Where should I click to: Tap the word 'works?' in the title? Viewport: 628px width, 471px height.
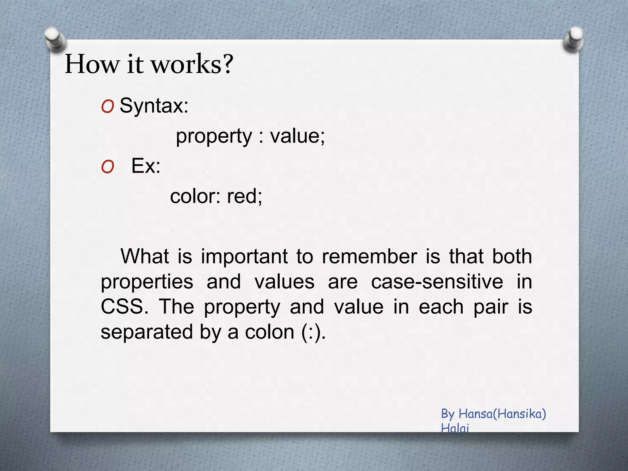click(193, 64)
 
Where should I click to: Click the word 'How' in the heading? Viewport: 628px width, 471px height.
click(92, 64)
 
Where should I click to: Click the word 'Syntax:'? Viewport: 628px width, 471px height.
click(154, 106)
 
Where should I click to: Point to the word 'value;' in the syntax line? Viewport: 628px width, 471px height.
click(297, 136)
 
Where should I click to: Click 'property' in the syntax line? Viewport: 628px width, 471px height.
click(214, 137)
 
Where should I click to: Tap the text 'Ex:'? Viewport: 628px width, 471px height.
click(146, 166)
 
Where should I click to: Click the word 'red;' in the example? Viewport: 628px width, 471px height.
click(244, 196)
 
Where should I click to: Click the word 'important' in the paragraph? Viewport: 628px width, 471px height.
click(244, 257)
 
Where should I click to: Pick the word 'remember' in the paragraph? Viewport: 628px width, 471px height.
click(369, 256)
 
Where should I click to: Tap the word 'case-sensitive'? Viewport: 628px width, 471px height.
click(437, 281)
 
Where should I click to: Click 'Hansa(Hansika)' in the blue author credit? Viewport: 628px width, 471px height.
click(502, 414)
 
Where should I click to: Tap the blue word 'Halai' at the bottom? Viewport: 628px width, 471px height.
click(455, 428)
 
